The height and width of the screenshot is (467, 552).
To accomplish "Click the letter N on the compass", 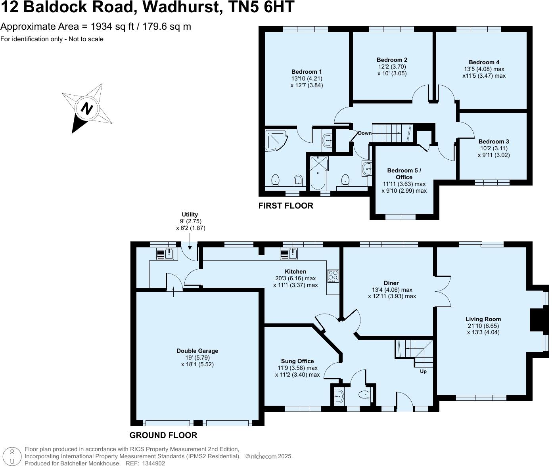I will [87, 108].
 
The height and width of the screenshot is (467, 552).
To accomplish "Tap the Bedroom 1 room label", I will [307, 72].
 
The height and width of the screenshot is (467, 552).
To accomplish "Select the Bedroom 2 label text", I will [392, 60].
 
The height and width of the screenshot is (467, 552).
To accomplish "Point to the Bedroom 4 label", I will [484, 62].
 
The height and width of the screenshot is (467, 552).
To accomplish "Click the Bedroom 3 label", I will [494, 142].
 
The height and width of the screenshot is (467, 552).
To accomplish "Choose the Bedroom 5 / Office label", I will [404, 174].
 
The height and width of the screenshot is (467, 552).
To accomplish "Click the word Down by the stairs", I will [365, 133].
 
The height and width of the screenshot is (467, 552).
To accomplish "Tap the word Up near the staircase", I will [423, 371].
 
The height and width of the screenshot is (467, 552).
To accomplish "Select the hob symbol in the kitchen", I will [333, 276].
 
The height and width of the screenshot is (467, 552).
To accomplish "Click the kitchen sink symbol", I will [289, 253].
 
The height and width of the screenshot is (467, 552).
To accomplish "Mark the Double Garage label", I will [197, 351].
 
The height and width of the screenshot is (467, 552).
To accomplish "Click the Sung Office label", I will [297, 361].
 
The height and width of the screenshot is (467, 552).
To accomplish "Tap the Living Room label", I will [483, 319].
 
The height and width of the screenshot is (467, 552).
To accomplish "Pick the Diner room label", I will [391, 283].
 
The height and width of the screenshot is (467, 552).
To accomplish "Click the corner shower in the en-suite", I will [275, 140].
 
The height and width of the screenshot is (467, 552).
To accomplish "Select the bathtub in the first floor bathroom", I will [318, 172].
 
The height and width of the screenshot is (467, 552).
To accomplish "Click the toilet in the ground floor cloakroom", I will [363, 395].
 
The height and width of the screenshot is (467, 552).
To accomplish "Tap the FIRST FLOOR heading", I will [286, 206].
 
